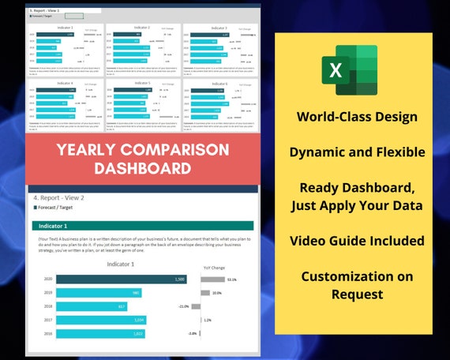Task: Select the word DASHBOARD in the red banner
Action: click(x=143, y=167)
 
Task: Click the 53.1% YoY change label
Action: click(x=231, y=279)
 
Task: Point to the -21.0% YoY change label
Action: click(x=184, y=306)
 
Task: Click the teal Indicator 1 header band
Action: click(x=142, y=226)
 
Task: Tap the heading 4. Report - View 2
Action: click(x=59, y=197)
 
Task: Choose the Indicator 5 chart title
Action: click(x=143, y=82)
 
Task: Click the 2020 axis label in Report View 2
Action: click(x=48, y=279)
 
